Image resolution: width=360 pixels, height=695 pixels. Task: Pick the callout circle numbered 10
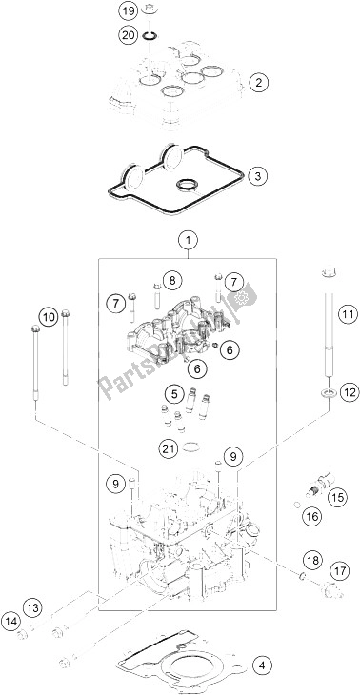[x=47, y=316]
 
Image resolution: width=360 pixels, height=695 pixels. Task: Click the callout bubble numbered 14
[x=13, y=622]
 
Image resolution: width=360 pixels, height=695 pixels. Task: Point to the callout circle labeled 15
[x=334, y=496]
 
